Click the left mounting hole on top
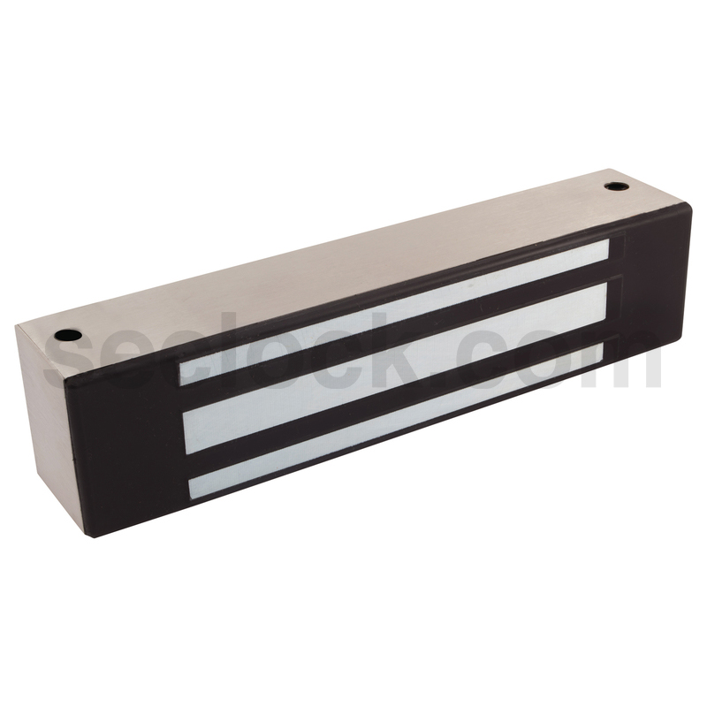67,335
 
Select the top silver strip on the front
394,312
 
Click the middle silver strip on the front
395,363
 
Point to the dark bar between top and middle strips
394,336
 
